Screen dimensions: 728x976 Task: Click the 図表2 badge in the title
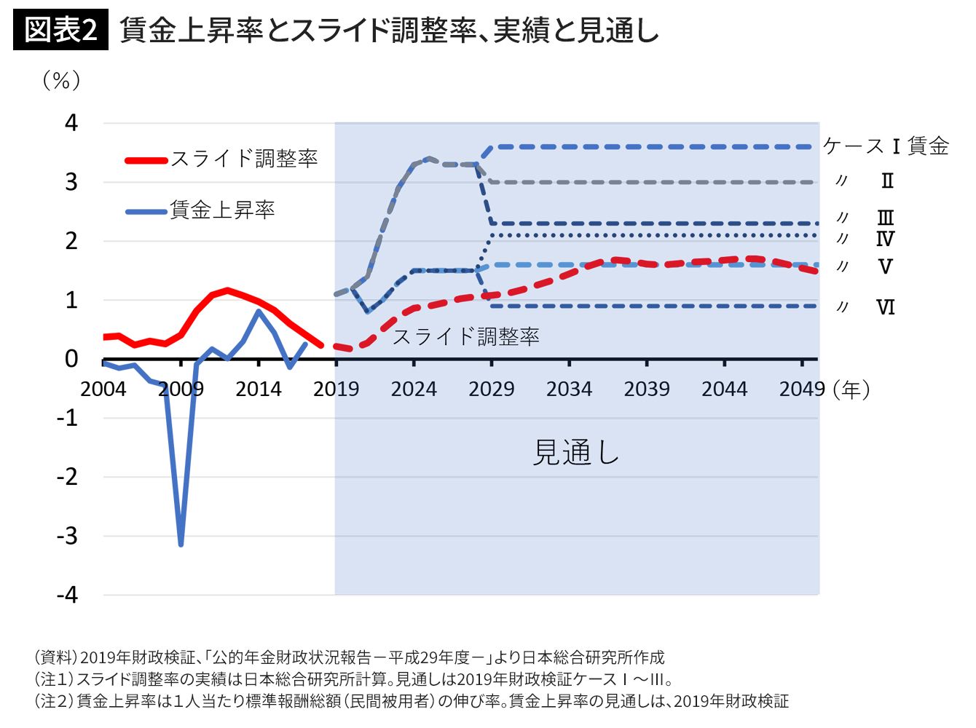[60, 31]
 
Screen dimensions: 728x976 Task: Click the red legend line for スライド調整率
[146, 159]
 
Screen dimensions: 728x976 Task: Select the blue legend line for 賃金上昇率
[146, 212]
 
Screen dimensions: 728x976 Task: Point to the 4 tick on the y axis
[71, 123]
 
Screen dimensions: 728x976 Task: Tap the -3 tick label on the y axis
[67, 537]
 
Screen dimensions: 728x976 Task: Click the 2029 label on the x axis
[492, 389]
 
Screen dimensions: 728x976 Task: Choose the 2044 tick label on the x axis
[724, 389]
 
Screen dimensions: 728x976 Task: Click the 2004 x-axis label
[103, 389]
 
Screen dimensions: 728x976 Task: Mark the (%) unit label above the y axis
[62, 80]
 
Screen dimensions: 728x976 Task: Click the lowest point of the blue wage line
[181, 544]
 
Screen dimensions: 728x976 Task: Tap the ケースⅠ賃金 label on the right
[886, 146]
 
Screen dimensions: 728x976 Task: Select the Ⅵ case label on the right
[885, 307]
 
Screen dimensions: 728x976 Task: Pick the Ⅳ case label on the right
[885, 239]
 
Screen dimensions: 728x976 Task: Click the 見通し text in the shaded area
[575, 453]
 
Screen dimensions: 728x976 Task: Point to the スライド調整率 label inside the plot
[466, 336]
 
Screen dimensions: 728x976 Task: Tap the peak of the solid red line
[227, 290]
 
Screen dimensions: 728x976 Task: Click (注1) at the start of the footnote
[54, 680]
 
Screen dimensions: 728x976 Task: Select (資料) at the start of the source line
[55, 658]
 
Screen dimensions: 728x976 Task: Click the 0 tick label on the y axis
[71, 359]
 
